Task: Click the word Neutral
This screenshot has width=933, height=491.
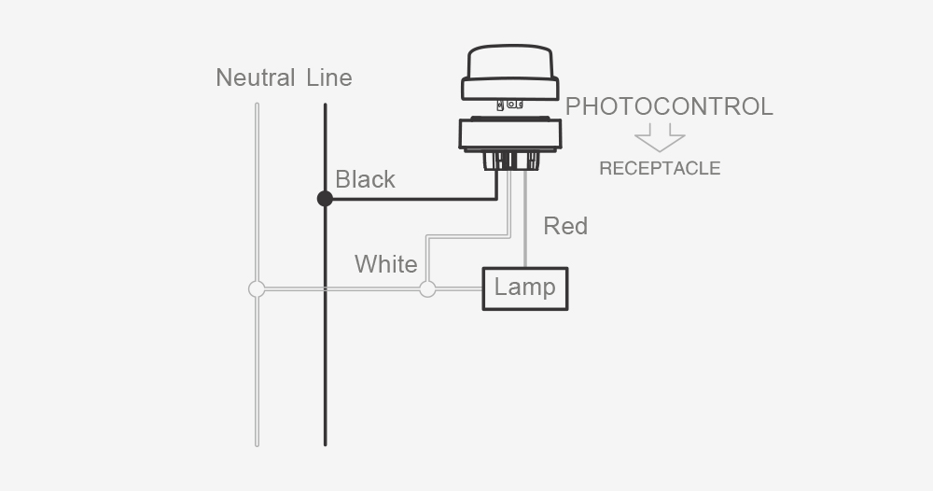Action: click(255, 77)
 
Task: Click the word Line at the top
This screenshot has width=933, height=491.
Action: click(329, 77)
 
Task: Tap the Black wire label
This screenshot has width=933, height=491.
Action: click(365, 179)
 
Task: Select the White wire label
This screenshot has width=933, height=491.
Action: click(385, 264)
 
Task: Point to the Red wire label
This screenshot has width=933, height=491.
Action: click(565, 226)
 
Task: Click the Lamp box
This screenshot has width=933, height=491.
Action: click(524, 288)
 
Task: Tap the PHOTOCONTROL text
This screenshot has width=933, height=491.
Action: click(669, 106)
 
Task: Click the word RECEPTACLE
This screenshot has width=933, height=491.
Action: click(660, 169)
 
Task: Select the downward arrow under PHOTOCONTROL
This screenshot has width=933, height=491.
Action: click(660, 140)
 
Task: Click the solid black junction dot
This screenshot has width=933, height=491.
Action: click(325, 198)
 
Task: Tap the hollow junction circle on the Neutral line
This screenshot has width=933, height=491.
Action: click(257, 289)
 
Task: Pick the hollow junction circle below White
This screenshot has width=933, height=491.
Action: click(427, 289)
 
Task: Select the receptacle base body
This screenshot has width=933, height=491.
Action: click(510, 134)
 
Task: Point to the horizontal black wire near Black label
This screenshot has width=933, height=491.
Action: click(411, 198)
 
